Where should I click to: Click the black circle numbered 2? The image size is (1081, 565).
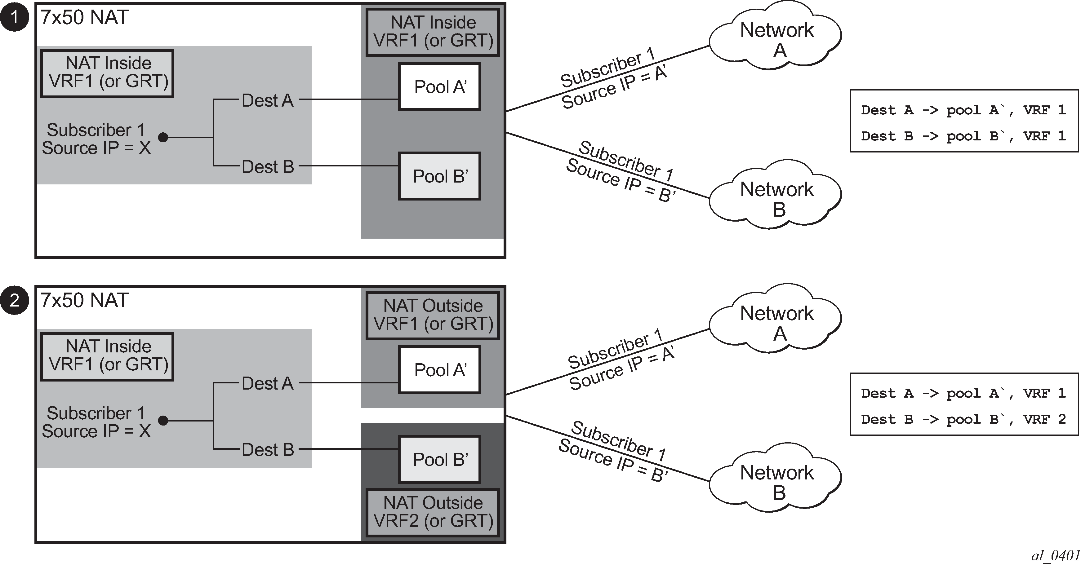(15, 300)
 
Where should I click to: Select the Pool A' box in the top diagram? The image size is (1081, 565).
(439, 87)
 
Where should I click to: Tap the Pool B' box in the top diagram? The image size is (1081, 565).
(439, 176)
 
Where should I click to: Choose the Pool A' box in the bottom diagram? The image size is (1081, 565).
(439, 370)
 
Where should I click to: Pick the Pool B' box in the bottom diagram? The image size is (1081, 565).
(439, 459)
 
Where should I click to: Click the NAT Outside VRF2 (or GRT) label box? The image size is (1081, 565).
(433, 512)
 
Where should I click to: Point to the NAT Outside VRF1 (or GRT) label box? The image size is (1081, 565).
(433, 315)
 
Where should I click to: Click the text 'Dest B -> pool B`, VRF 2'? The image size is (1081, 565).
(963, 419)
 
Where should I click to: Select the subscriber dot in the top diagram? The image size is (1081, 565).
(163, 137)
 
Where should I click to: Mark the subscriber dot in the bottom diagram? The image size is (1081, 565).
(163, 420)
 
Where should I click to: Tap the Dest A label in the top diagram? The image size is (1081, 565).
(267, 101)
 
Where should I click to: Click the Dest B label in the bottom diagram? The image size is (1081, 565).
(267, 450)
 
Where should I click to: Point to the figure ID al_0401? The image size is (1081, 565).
(1055, 556)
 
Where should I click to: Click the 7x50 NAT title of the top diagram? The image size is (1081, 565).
(84, 18)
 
